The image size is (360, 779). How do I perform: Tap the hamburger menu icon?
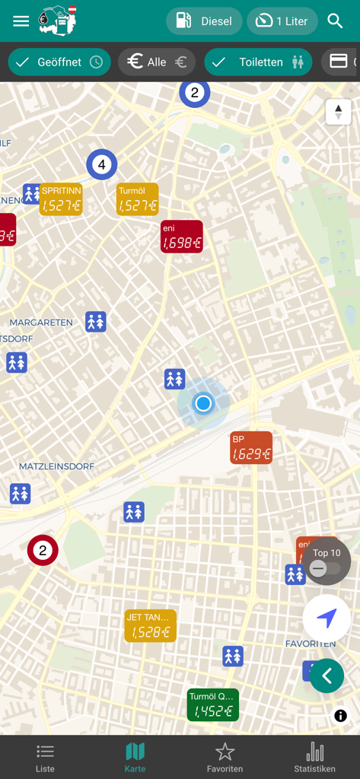point(21,21)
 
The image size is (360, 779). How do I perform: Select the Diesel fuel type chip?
point(204,21)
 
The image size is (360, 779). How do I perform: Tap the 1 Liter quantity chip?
point(282,21)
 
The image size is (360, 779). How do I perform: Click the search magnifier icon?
point(335,21)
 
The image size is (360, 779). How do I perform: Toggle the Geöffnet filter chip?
point(59,62)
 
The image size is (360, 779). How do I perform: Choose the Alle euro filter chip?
point(157,62)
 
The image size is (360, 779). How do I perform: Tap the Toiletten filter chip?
point(258,62)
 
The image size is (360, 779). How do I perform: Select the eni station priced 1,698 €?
point(182,237)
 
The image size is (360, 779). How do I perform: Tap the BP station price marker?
point(251,448)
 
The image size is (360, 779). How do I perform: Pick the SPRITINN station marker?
point(61,199)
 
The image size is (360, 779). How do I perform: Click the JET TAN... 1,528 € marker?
point(151,625)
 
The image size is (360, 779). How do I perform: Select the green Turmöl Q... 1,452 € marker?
point(213,705)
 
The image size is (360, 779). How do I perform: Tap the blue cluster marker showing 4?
point(101,164)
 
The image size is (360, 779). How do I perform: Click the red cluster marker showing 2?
point(43,551)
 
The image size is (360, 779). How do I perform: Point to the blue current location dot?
point(203,403)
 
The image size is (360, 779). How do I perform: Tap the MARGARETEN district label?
point(41,323)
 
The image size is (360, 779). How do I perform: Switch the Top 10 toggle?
point(320,568)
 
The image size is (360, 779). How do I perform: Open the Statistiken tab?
point(314,757)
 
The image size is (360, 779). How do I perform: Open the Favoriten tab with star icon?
point(225,757)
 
